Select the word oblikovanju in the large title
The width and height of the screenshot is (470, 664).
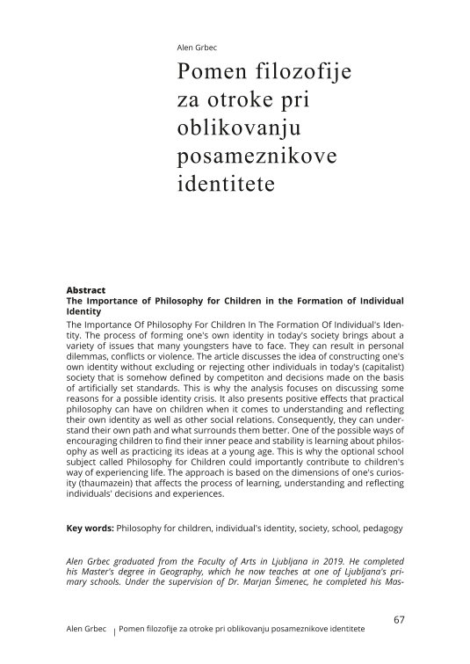[239, 129]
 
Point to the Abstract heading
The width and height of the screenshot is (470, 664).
[86, 290]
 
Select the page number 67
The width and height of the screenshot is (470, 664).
[399, 619]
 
